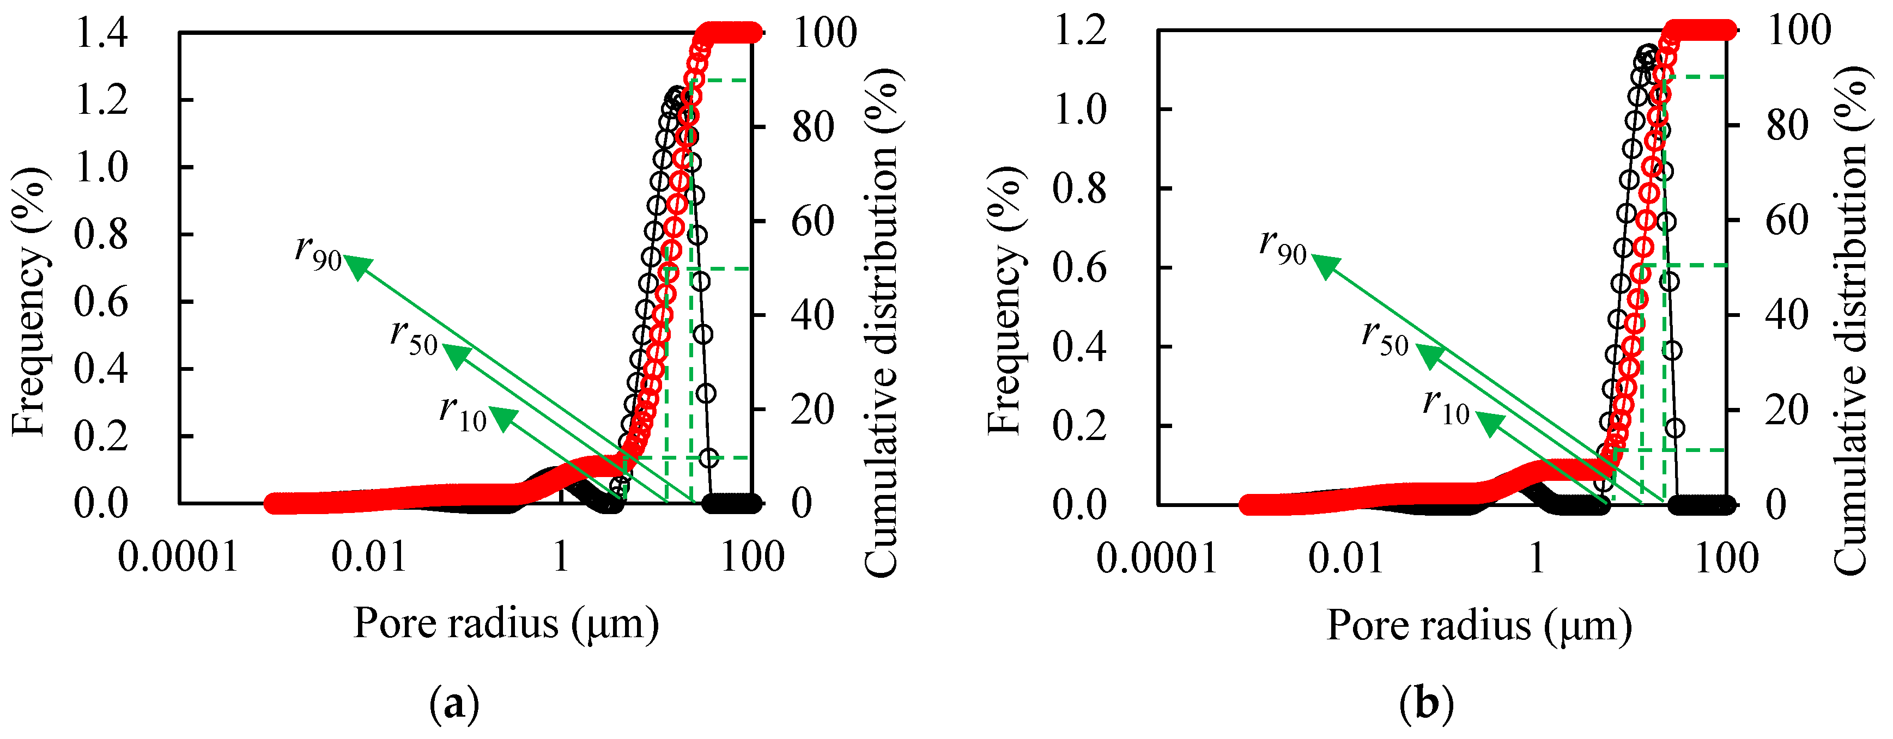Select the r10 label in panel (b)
tap(1446, 406)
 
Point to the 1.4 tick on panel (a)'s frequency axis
tap(101, 34)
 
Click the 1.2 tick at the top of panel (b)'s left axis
tap(1079, 31)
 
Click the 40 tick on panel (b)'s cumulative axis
tap(1787, 315)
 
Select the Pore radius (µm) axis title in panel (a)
tap(506, 625)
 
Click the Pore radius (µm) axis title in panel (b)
tap(1478, 626)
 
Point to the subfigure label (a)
tap(454, 705)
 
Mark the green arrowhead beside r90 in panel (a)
tap(357, 267)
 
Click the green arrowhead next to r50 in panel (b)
tap(1429, 356)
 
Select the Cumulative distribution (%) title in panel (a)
tap(881, 323)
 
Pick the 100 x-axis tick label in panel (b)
tap(1726, 558)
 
